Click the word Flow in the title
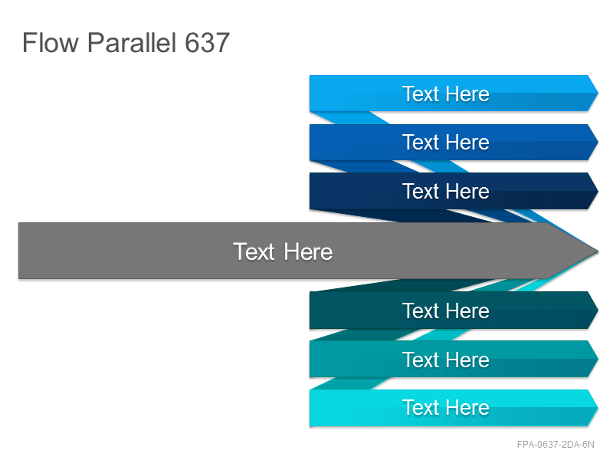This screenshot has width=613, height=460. click(x=51, y=43)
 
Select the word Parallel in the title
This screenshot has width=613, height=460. click(x=131, y=43)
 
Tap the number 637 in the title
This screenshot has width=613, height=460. click(x=207, y=43)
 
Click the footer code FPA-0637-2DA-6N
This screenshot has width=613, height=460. click(x=555, y=445)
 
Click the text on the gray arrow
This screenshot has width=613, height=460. click(x=283, y=251)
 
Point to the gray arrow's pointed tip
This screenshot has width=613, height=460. click(x=598, y=251)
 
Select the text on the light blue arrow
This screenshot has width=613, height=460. click(x=446, y=94)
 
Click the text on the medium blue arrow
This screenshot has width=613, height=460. click(x=446, y=142)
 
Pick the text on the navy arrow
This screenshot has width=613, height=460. click(x=446, y=191)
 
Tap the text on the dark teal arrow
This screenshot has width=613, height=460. click(x=446, y=311)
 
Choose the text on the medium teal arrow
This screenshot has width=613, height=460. click(x=446, y=360)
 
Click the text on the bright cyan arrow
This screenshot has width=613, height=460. click(x=446, y=408)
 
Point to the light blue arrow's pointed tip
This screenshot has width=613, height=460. click(x=598, y=93)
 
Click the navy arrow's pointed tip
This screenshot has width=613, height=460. click(x=598, y=191)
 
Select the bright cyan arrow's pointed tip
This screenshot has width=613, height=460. click(x=598, y=408)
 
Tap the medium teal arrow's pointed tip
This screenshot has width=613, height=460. click(x=598, y=359)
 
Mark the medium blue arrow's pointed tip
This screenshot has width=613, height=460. click(x=598, y=142)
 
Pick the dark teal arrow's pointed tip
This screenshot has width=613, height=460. click(x=598, y=310)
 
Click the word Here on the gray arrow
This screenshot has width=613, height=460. click(x=308, y=251)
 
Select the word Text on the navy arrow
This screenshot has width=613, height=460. click(x=421, y=191)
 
